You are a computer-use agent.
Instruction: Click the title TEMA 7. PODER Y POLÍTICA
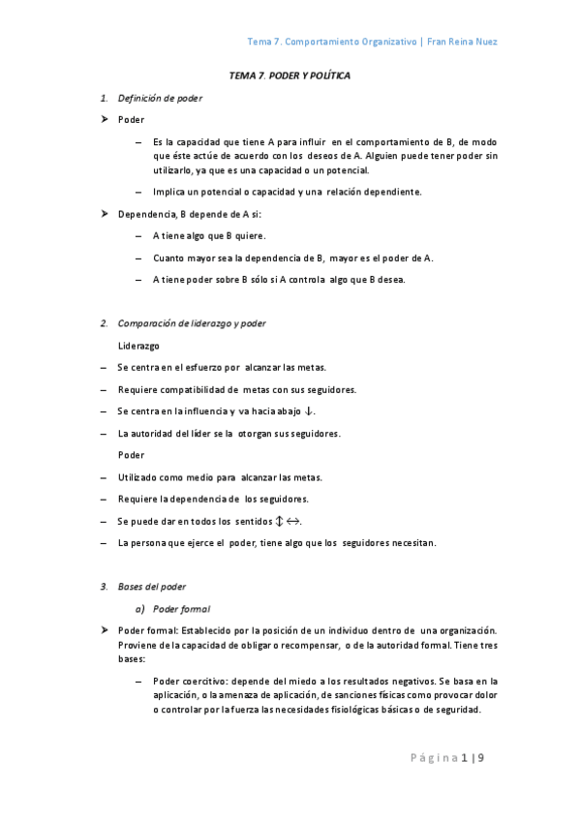coord(290,75)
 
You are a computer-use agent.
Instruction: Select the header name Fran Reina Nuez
coord(463,42)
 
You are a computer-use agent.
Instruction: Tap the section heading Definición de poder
coord(160,98)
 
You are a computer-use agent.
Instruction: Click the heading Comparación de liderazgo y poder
coord(192,322)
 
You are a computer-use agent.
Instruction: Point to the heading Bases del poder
coord(152,587)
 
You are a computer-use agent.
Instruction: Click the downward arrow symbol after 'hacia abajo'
coord(309,411)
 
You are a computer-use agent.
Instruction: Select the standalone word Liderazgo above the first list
coord(138,345)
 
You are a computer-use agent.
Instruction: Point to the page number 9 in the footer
coord(479,757)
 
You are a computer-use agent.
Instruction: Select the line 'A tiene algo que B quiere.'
coord(209,235)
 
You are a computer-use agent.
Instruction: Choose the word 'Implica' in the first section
coord(169,191)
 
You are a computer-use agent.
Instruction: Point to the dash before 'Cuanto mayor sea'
coord(140,258)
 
